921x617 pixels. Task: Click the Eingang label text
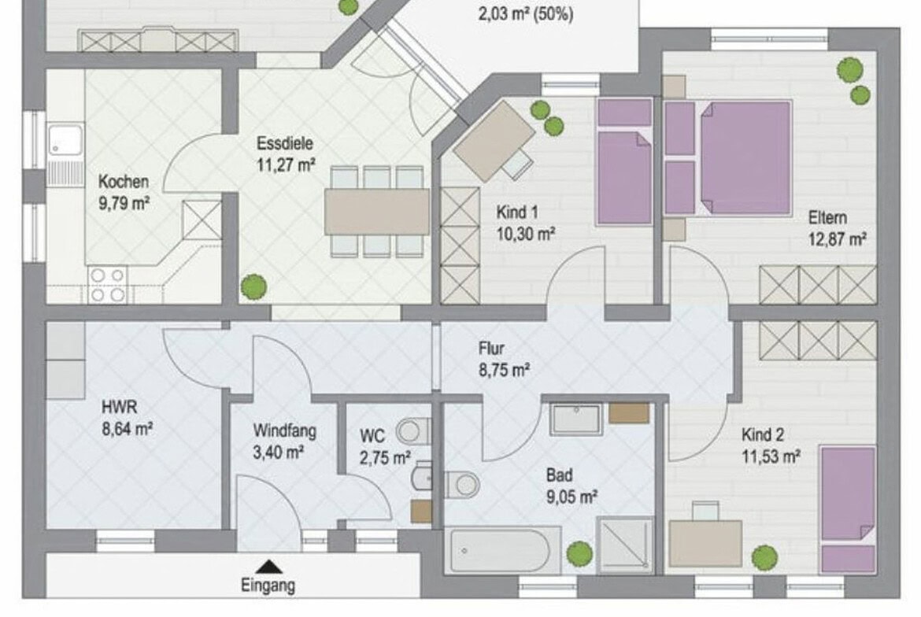268,586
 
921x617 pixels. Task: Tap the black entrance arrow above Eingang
269,567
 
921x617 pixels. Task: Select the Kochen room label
124,182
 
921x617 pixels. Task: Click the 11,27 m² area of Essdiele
286,165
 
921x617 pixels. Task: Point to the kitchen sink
65,140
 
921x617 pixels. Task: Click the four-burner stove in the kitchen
107,286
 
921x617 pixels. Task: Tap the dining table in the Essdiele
377,212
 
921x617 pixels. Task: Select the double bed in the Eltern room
744,157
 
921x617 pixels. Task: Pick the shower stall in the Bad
625,545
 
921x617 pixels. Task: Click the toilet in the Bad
462,486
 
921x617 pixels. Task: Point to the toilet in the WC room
413,431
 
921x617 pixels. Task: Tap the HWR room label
119,406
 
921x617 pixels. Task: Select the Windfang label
285,431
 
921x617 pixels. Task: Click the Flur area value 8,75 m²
504,371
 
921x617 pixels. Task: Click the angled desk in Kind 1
494,140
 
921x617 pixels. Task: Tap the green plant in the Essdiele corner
253,286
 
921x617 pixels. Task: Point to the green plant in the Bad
579,553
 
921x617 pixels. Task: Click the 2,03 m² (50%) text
526,13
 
